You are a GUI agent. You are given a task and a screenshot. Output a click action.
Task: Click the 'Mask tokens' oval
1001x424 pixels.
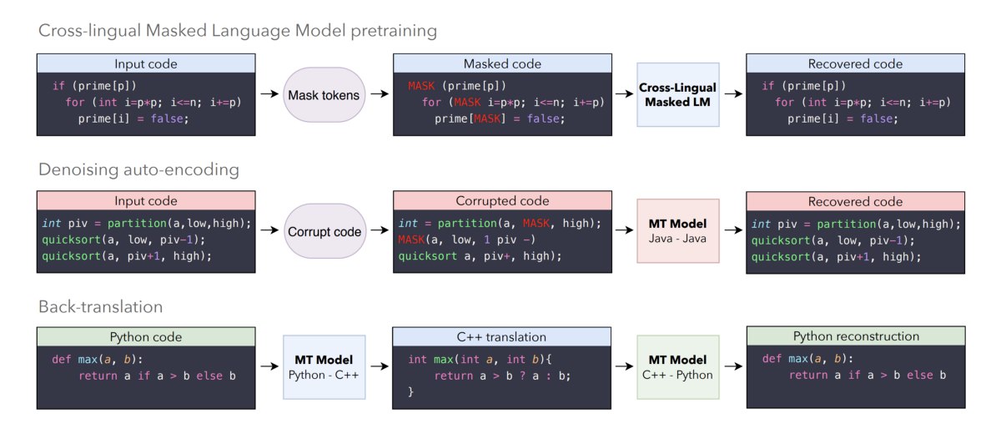(x=324, y=95)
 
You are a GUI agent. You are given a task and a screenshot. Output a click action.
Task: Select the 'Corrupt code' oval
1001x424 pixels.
(x=324, y=231)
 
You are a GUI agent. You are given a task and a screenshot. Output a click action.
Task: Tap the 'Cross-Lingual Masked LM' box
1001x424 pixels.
(x=678, y=94)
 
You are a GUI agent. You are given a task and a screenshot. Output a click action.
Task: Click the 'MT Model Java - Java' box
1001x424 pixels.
(x=678, y=231)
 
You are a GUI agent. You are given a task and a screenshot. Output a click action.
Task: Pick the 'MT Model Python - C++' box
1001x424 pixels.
(x=324, y=367)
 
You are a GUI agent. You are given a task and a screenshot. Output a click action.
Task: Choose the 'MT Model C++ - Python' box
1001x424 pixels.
(x=678, y=367)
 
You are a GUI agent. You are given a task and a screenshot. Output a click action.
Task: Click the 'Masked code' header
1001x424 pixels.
(x=502, y=63)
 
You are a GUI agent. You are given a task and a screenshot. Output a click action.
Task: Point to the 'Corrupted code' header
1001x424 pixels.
(x=502, y=200)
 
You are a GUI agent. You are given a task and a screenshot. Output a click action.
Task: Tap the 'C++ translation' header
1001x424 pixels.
(x=501, y=337)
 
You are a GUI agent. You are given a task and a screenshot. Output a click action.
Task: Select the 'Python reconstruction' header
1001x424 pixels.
(x=856, y=336)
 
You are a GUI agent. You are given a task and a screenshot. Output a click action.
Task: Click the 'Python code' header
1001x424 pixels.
(x=146, y=337)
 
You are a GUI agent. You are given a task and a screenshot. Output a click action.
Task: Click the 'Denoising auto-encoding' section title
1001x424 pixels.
(x=139, y=170)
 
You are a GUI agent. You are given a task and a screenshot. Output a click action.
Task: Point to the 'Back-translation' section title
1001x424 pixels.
(x=101, y=307)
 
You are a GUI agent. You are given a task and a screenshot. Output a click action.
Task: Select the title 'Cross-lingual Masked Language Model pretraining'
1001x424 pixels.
(x=238, y=31)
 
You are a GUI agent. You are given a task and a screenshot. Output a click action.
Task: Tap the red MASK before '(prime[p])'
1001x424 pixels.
(x=421, y=85)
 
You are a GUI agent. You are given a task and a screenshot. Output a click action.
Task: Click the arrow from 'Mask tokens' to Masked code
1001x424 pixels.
(x=380, y=94)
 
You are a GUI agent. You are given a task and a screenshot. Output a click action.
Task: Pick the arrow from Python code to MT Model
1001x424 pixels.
(x=269, y=366)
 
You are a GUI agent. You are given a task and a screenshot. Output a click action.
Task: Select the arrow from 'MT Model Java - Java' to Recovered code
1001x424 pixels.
(x=733, y=230)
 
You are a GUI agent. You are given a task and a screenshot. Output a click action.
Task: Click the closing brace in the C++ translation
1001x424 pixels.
(x=410, y=391)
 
